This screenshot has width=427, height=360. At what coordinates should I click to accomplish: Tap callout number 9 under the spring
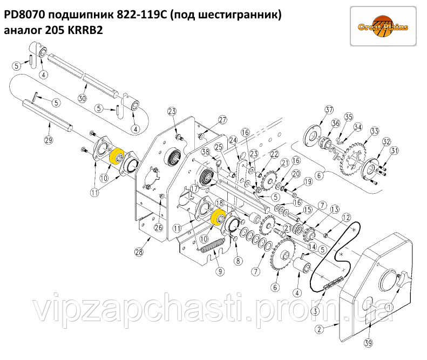pos(220,271)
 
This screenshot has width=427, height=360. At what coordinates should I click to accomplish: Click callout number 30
pos(82,98)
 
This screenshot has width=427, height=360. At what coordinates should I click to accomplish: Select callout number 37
pos(329,110)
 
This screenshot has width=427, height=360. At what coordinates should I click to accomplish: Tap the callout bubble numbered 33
pos(374,131)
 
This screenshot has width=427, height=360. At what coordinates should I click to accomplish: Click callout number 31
pos(394,150)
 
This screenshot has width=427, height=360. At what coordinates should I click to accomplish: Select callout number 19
pos(308,182)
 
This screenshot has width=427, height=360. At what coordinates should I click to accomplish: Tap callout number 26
pos(158,227)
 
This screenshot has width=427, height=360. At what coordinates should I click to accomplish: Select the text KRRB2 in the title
pos(85,31)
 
